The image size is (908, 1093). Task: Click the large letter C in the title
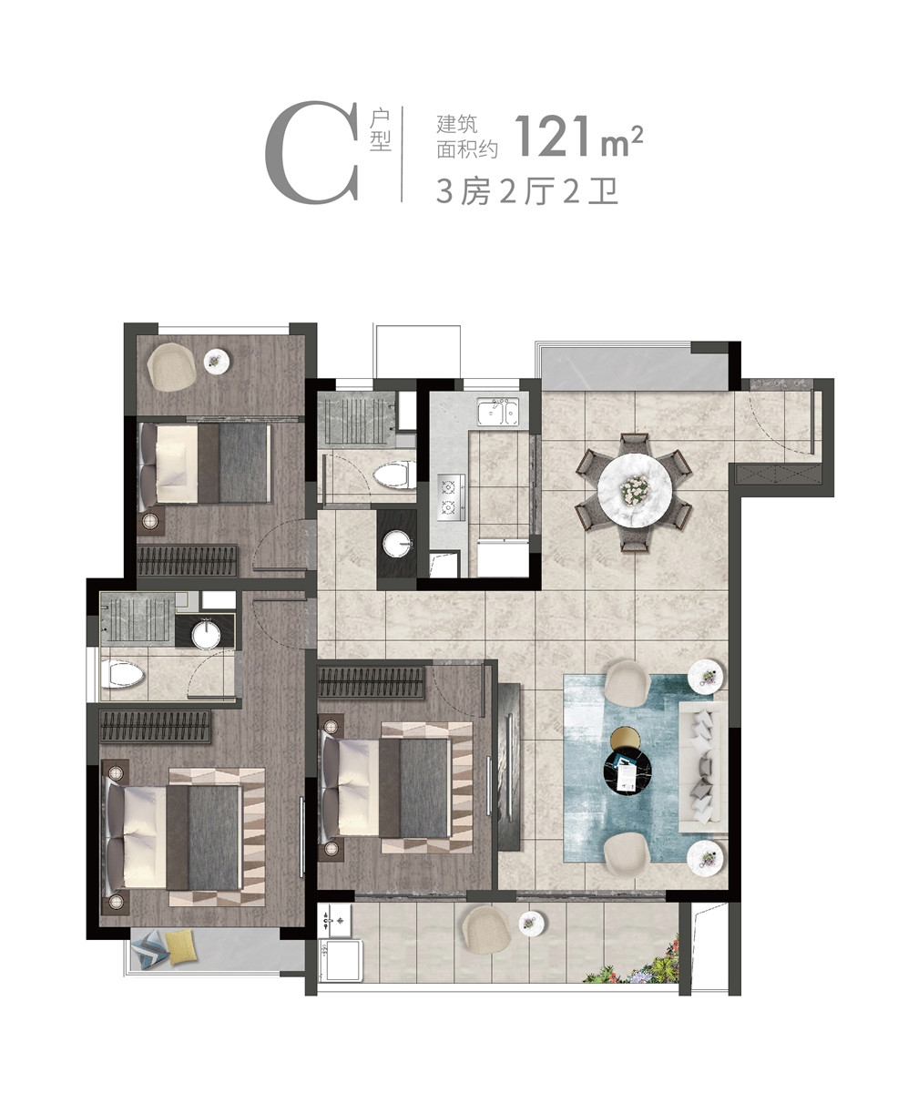pyautogui.click(x=312, y=153)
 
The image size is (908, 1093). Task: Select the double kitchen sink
pyautogui.click(x=497, y=412)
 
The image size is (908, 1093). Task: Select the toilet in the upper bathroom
pyautogui.click(x=394, y=475)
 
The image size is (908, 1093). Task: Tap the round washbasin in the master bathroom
pyautogui.click(x=206, y=636)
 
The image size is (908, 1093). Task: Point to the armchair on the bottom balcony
pyautogui.click(x=486, y=929)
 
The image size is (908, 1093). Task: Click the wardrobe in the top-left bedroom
pyautogui.click(x=188, y=561)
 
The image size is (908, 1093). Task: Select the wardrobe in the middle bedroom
pyautogui.click(x=372, y=681)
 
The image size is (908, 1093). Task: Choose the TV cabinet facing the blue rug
pyautogui.click(x=509, y=768)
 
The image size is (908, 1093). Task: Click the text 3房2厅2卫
pyautogui.click(x=527, y=191)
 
